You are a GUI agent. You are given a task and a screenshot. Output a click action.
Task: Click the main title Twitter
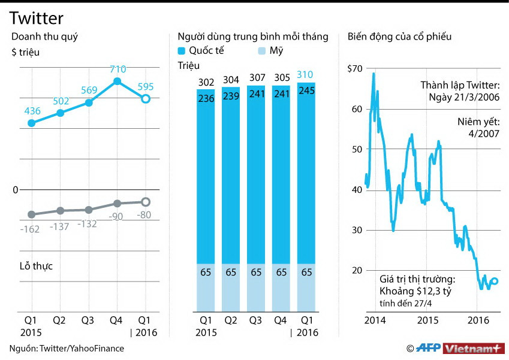(x=37, y=19)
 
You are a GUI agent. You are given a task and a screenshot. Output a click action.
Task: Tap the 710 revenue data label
(x=118, y=69)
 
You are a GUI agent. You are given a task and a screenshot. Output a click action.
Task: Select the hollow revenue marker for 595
(x=145, y=98)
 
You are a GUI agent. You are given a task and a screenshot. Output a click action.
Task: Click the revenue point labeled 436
(x=32, y=123)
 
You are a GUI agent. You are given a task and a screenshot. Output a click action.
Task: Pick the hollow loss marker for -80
(x=145, y=202)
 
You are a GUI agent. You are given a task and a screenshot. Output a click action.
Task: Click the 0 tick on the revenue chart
(x=16, y=190)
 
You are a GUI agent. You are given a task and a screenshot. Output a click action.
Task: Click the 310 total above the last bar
(x=306, y=74)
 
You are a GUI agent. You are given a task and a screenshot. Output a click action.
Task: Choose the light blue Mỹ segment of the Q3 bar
(x=256, y=288)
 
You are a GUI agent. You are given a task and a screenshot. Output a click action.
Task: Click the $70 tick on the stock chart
(x=355, y=68)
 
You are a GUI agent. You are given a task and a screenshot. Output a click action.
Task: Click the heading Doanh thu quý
(x=44, y=37)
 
